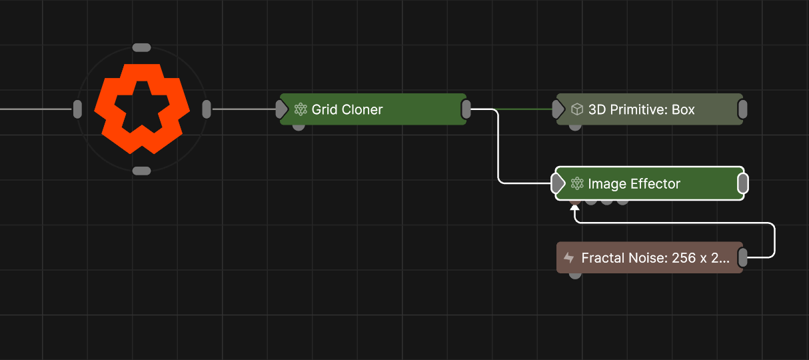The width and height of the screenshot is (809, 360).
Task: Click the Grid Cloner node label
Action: (x=347, y=109)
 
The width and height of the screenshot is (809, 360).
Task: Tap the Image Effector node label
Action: (x=634, y=183)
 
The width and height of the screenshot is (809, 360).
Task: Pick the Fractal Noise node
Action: (x=649, y=257)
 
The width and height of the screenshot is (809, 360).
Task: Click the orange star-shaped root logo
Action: (x=142, y=109)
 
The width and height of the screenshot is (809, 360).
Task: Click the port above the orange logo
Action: (x=142, y=47)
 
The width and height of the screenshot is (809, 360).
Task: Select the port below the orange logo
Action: (x=142, y=171)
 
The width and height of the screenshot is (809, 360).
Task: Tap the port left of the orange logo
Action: (x=77, y=109)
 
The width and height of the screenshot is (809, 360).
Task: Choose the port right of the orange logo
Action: (x=207, y=109)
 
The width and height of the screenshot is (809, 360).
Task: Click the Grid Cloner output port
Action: (x=466, y=109)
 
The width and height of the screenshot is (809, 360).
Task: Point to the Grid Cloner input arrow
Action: (x=283, y=109)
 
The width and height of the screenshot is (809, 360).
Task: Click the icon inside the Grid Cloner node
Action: (x=301, y=109)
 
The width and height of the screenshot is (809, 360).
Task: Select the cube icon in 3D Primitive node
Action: (x=578, y=109)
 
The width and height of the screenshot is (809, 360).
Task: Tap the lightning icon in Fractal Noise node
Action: (x=569, y=257)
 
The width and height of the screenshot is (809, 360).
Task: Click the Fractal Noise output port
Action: (x=743, y=257)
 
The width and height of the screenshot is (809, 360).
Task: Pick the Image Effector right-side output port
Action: (x=743, y=183)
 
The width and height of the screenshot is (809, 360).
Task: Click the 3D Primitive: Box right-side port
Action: (x=743, y=109)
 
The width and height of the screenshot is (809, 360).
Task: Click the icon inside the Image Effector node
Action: (x=578, y=183)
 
